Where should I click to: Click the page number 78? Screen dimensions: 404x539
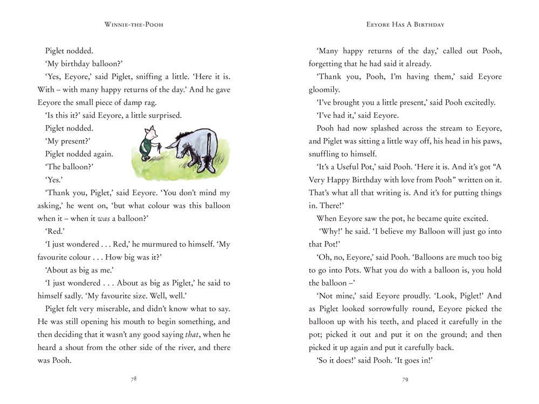click(x=134, y=379)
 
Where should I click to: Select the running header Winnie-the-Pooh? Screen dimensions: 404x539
click(x=134, y=25)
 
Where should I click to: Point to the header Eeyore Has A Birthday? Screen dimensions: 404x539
click(x=405, y=25)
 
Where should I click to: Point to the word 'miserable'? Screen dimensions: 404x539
click(x=127, y=309)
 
